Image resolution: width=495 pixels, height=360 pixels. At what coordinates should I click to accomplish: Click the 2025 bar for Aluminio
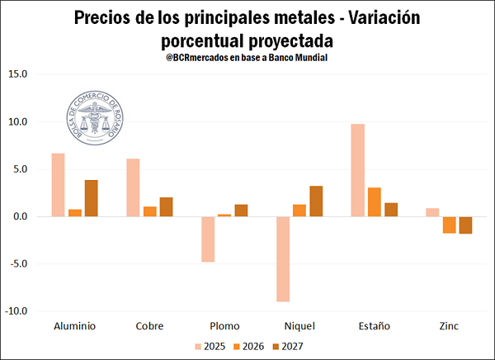[58, 185]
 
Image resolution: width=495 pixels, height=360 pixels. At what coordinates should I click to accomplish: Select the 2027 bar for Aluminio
[92, 198]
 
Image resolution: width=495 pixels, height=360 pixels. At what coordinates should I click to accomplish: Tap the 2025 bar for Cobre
[133, 187]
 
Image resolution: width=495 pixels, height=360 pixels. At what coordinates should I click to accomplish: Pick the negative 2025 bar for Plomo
[208, 239]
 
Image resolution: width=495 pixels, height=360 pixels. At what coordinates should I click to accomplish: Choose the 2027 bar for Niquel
[316, 201]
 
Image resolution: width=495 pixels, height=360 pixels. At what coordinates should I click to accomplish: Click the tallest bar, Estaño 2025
[357, 170]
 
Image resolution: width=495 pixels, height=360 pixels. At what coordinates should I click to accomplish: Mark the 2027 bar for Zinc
[465, 225]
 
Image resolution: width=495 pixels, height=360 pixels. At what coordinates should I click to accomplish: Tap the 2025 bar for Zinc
[432, 212]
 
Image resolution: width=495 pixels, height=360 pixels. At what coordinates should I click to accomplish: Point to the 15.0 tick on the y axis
[17, 74]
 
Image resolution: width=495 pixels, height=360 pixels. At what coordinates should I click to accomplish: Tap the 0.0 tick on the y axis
[19, 216]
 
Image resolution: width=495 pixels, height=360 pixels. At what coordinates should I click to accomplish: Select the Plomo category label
[224, 325]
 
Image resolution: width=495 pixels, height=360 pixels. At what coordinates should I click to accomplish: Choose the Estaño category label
[374, 325]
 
